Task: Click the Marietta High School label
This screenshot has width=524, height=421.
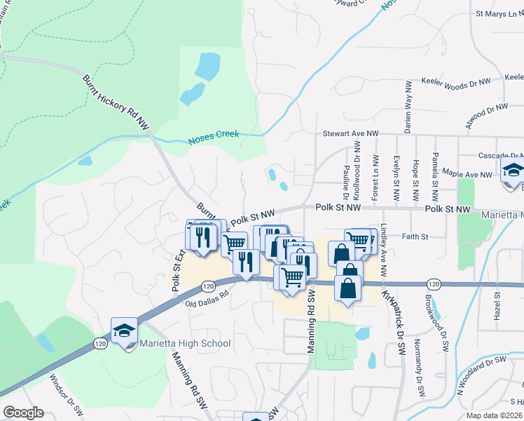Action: [184, 343]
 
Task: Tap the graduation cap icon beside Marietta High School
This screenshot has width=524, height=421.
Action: [123, 330]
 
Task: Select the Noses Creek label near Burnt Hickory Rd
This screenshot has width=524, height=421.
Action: [214, 138]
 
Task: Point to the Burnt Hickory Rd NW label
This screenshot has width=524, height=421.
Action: [116, 102]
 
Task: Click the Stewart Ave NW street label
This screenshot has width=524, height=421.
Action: [350, 133]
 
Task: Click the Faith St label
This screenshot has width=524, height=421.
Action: [415, 237]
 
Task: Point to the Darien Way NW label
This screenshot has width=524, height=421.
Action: [407, 106]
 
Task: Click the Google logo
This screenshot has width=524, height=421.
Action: [23, 412]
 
